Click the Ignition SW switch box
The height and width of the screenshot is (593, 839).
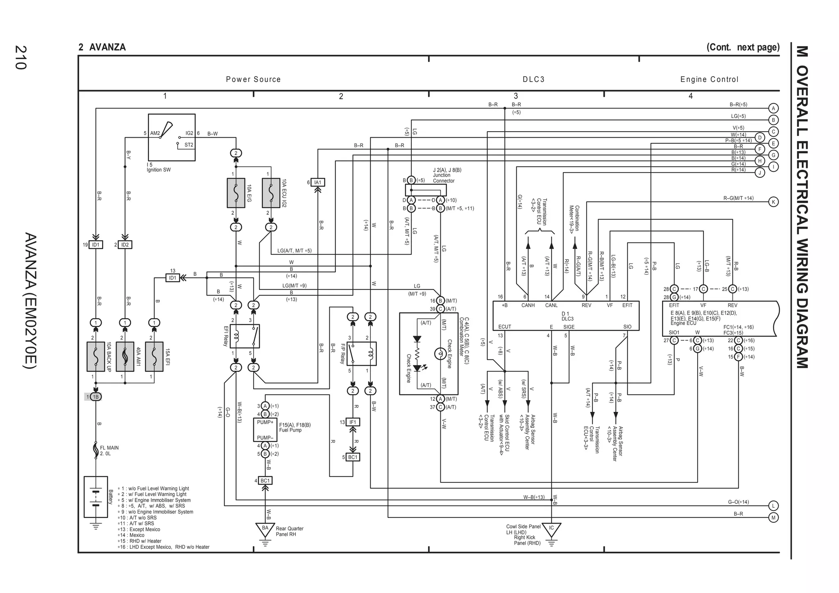[x=172, y=137]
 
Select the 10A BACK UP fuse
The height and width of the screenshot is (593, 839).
[x=95, y=357]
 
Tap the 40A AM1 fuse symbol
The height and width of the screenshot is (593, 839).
[x=125, y=357]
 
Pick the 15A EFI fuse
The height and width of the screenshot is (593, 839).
[x=154, y=357]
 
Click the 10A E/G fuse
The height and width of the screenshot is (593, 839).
[x=236, y=193]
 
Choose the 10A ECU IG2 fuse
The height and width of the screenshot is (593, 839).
[x=271, y=193]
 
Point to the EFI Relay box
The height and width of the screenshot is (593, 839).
[x=245, y=336]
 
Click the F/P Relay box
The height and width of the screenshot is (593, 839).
[x=361, y=354]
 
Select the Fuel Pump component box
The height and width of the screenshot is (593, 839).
[x=265, y=430]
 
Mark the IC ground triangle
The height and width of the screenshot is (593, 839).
[x=551, y=529]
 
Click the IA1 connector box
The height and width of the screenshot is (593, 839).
[x=317, y=182]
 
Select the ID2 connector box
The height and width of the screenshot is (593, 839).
[x=125, y=245]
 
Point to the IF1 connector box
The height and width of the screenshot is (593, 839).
[x=353, y=422]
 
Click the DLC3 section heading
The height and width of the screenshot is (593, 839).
[x=533, y=80]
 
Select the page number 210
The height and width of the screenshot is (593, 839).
[x=20, y=57]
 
